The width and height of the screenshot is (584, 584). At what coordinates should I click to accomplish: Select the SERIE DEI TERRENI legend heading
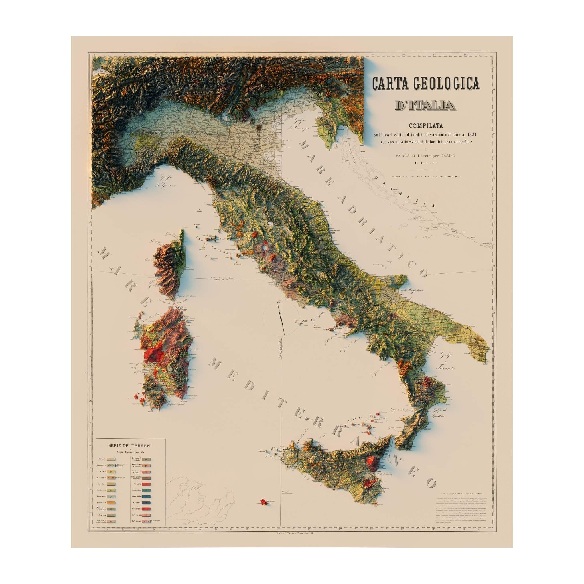click(130, 446)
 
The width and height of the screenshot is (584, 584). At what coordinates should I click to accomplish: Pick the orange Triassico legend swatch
click(111, 503)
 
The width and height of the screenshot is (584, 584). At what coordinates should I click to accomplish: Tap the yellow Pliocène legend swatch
click(111, 472)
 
